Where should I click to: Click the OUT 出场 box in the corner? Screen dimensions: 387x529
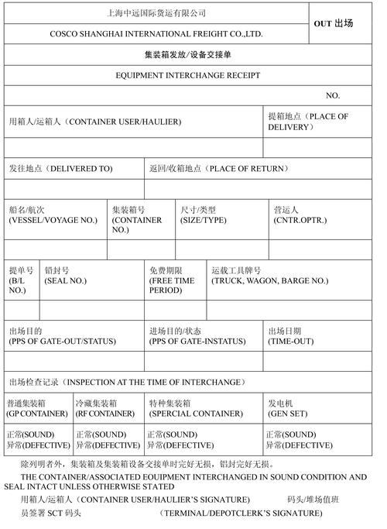pos(334,24)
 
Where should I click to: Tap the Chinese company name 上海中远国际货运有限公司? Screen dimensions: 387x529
pos(156,13)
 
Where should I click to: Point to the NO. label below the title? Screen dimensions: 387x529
pos(333,95)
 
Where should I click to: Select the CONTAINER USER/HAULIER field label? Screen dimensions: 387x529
pos(95,122)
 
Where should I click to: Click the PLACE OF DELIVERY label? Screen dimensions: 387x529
pos(308,121)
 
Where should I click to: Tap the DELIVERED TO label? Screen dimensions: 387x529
pos(61,168)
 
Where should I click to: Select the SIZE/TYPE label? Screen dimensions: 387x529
pos(203,221)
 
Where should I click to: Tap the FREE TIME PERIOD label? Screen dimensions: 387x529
pos(172,286)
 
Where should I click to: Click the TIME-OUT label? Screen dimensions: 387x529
pos(291,341)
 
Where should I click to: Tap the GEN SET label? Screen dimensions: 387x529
pos(288,414)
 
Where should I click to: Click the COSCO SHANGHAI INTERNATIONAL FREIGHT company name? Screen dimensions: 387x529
pos(156,34)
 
